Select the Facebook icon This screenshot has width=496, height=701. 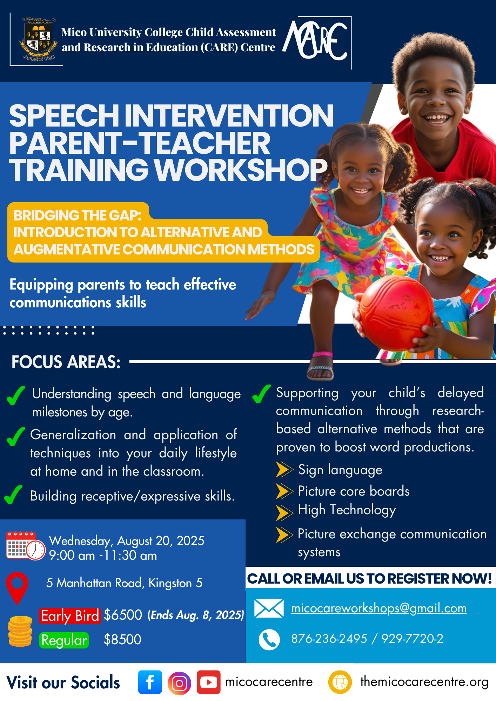(x=150, y=682)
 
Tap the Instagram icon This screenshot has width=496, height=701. (x=179, y=683)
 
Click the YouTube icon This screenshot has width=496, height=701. (x=209, y=682)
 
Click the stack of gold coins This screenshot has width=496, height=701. (x=20, y=631)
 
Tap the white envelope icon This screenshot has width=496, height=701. (x=269, y=608)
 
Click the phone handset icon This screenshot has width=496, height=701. (x=269, y=640)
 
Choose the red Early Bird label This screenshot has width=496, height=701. (x=70, y=616)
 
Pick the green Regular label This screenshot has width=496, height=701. (x=64, y=640)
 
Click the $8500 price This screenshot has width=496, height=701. (x=122, y=639)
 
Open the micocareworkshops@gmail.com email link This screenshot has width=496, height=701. (x=379, y=608)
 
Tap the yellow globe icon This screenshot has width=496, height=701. (x=340, y=682)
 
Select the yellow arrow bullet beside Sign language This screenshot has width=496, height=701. (x=284, y=470)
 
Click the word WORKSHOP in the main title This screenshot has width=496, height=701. (x=241, y=170)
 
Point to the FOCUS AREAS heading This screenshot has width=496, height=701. (x=66, y=362)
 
